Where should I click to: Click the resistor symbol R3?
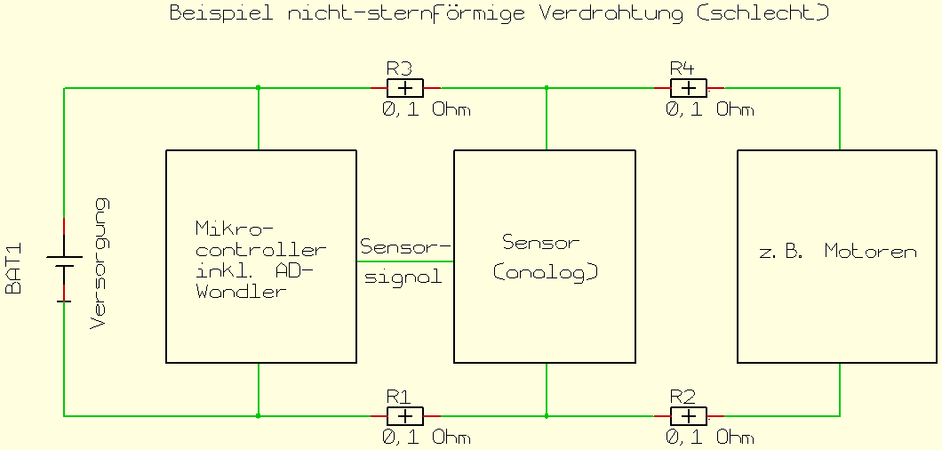tap(405, 88)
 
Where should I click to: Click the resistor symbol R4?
tap(688, 88)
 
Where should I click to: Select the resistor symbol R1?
tap(405, 416)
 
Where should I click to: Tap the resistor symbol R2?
tap(688, 416)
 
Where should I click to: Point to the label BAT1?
tap(14, 269)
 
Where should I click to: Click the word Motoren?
tap(870, 252)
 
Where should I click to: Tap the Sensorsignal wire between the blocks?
tap(405, 261)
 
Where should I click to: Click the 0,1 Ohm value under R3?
tap(426, 109)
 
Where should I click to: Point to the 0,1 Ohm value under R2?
tap(709, 438)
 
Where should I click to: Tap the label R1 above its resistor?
tap(397, 396)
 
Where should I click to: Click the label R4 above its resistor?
tap(681, 68)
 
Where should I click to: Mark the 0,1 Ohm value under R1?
tap(426, 438)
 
